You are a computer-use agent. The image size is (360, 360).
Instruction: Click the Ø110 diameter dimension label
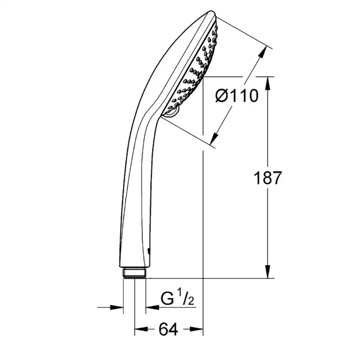tap(237, 96)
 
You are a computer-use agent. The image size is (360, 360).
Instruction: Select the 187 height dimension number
tap(268, 178)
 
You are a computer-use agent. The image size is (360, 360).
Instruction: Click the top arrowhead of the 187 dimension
tap(268, 84)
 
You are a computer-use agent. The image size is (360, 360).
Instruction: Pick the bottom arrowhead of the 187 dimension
tap(268, 271)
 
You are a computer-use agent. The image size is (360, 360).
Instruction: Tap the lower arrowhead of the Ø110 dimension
tap(214, 138)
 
